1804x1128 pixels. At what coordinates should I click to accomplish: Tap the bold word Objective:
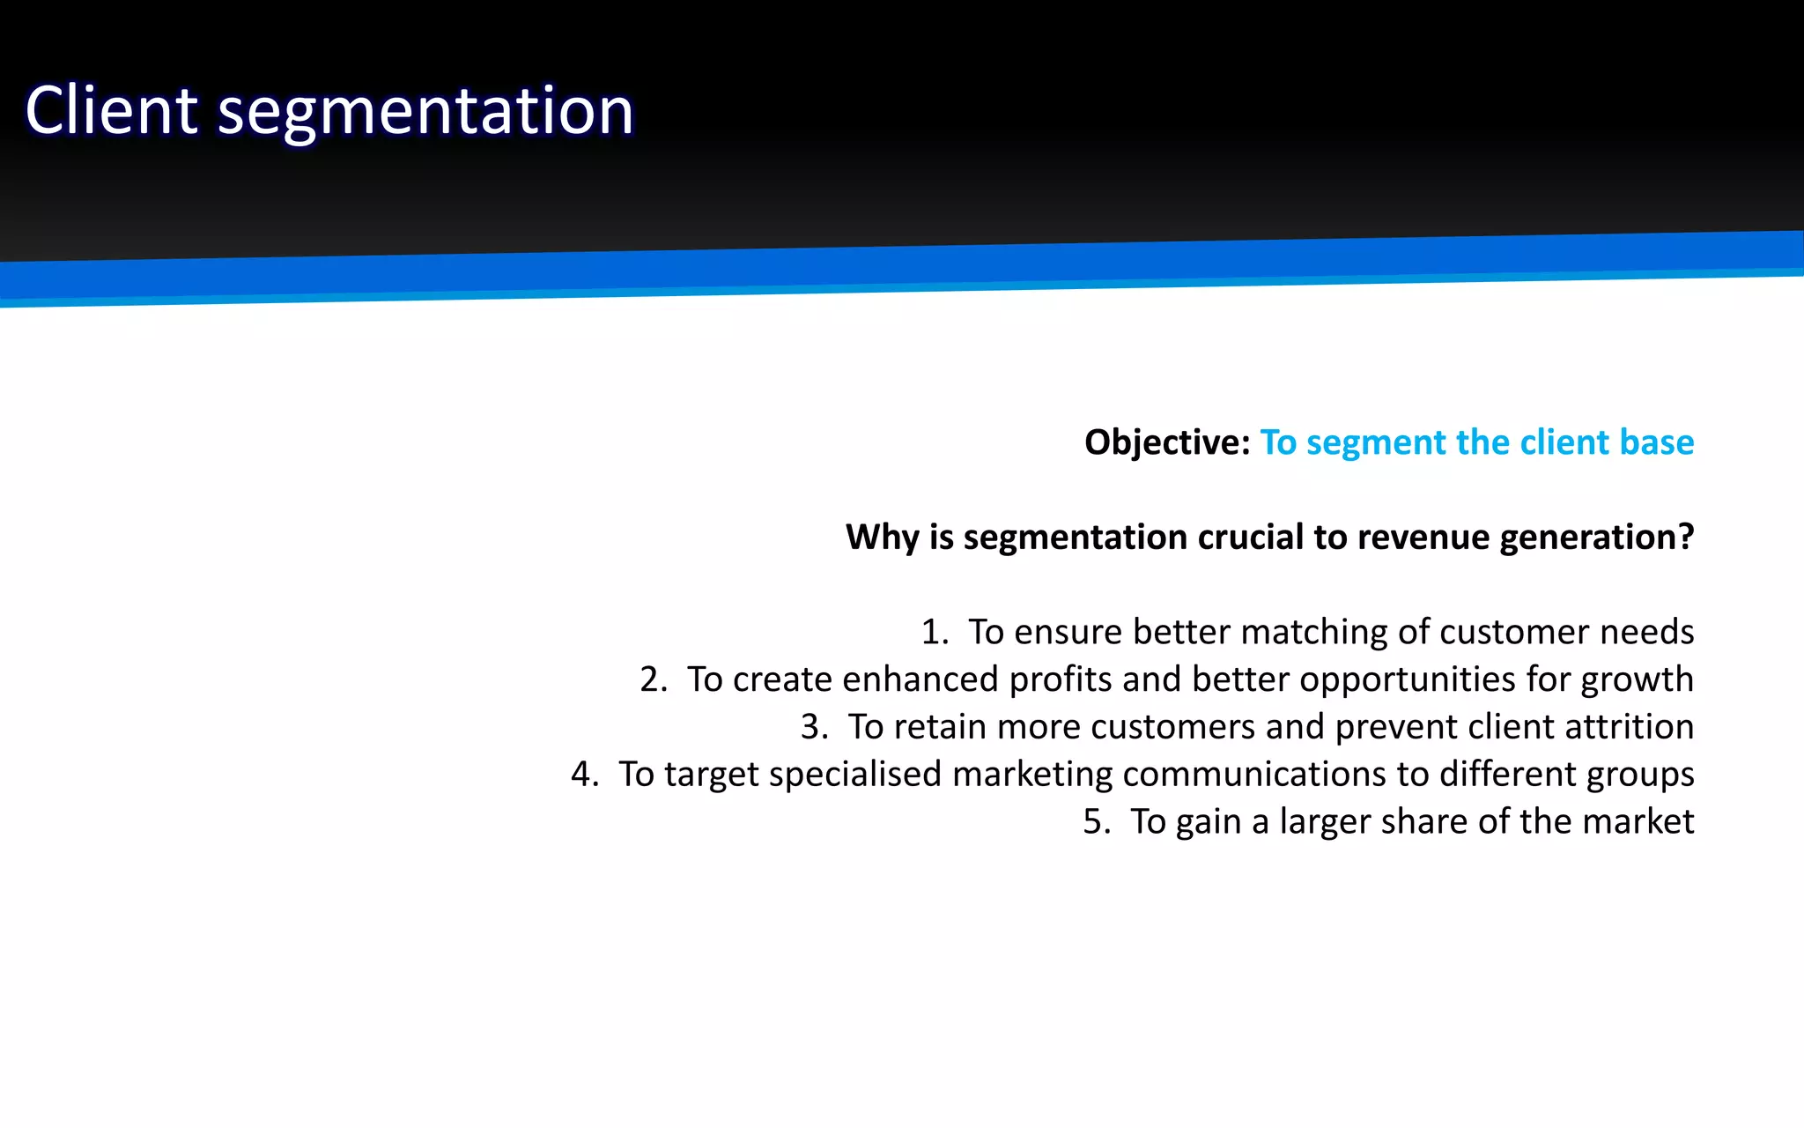1166,442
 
